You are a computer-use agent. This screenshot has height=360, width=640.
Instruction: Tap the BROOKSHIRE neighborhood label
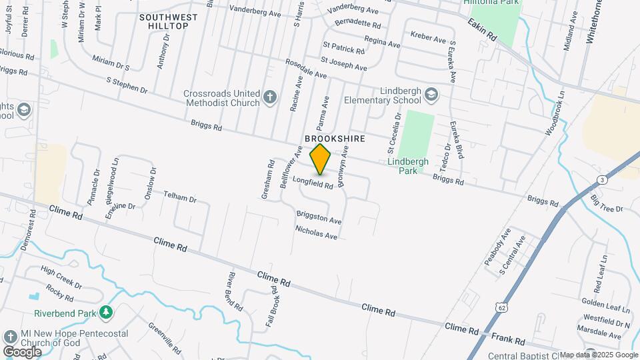(335, 139)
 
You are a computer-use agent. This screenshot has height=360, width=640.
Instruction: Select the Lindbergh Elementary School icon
(431, 94)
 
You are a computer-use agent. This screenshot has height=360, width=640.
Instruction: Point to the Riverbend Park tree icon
(105, 313)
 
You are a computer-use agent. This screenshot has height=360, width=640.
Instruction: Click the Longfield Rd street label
(312, 181)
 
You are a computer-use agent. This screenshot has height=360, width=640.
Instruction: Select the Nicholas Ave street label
(317, 232)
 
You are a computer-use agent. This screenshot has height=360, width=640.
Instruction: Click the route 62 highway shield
(501, 306)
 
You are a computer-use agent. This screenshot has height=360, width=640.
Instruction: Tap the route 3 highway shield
(602, 180)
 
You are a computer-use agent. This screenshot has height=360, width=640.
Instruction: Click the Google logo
(22, 351)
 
